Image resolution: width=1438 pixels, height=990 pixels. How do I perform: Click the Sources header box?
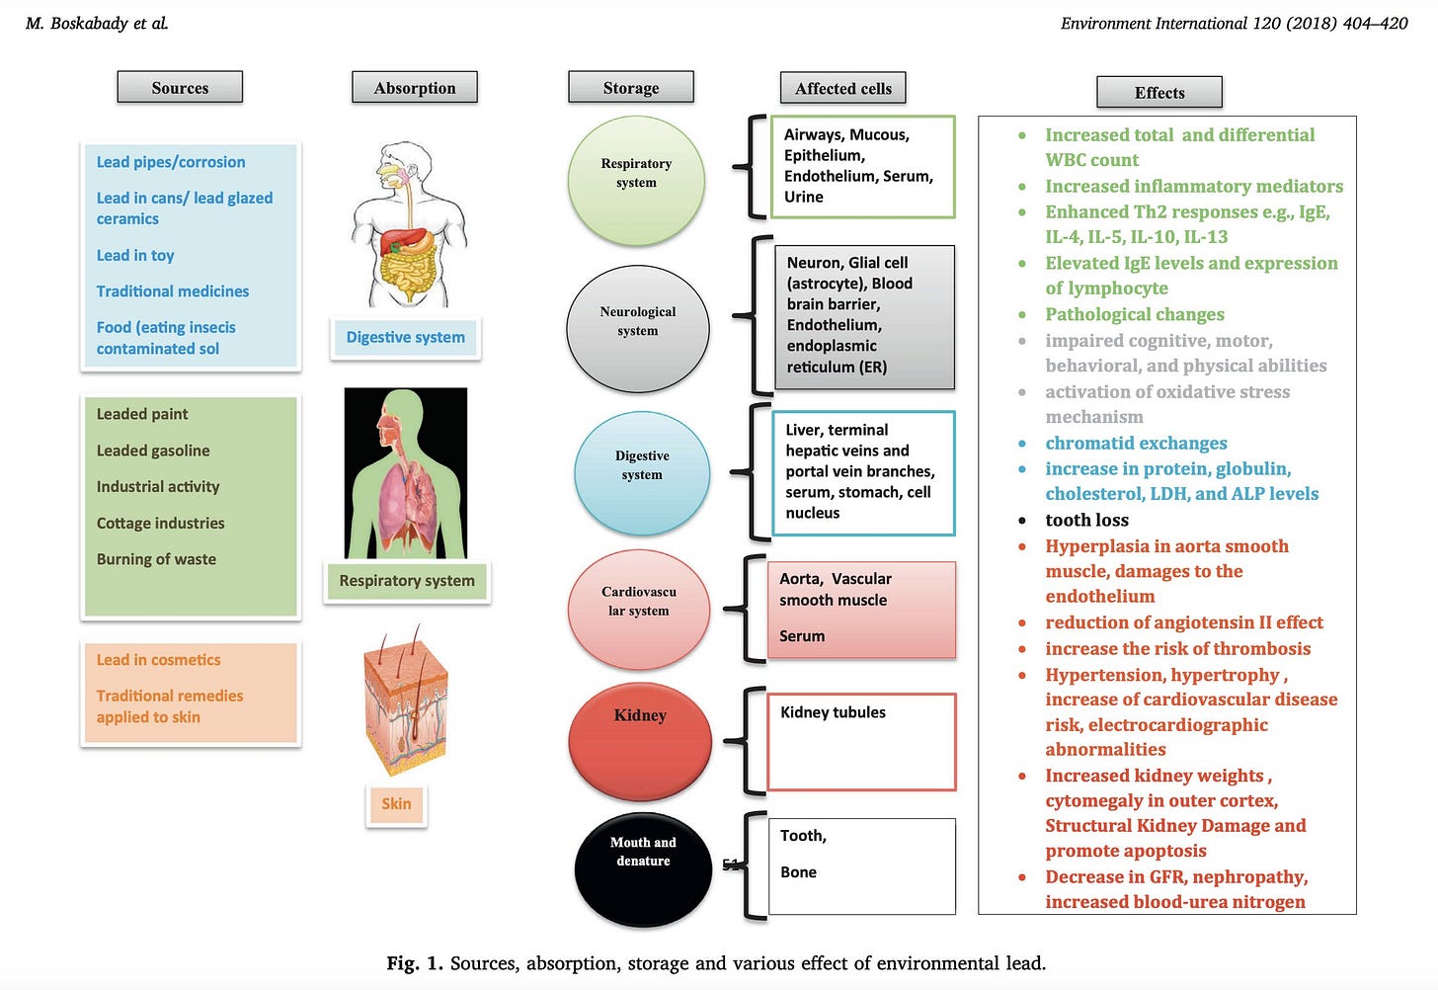(x=180, y=88)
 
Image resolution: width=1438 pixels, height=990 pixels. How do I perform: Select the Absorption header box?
(x=415, y=88)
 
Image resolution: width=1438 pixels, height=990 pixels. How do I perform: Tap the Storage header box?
(x=631, y=88)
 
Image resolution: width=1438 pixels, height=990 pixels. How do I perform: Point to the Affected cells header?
(x=842, y=89)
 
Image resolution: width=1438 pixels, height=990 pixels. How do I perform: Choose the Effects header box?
(x=1159, y=93)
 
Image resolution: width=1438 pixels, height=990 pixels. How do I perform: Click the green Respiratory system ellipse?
(x=636, y=180)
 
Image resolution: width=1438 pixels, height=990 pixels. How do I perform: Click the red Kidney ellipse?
(x=640, y=741)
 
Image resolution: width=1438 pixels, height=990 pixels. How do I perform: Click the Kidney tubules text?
(x=833, y=712)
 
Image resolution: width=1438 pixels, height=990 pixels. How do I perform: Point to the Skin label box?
(x=396, y=804)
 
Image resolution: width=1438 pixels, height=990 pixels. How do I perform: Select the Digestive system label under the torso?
(x=405, y=338)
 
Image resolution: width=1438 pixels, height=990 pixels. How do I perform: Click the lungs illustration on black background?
(x=405, y=472)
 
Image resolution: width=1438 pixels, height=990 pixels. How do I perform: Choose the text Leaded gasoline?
(x=153, y=451)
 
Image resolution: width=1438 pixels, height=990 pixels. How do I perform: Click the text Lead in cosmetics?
(x=158, y=660)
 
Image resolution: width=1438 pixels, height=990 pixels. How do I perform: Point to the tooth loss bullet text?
(x=1086, y=520)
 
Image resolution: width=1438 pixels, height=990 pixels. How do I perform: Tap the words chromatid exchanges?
(x=1136, y=444)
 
